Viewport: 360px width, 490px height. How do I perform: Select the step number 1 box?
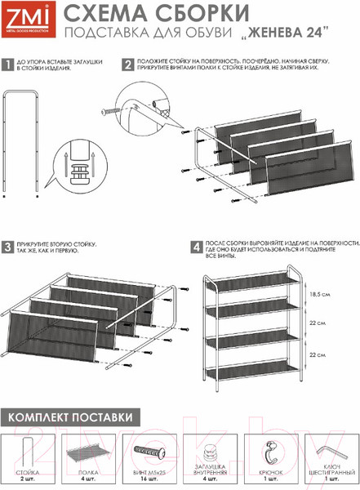tap(7, 63)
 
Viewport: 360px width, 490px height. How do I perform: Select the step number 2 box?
tap(127, 63)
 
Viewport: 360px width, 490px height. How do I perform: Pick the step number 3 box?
tap(7, 246)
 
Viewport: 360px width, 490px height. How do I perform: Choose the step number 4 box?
tap(196, 246)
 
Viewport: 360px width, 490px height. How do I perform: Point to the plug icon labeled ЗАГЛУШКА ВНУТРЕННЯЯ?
tap(208, 451)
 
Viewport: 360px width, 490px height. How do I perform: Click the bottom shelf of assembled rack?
tap(253, 370)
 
